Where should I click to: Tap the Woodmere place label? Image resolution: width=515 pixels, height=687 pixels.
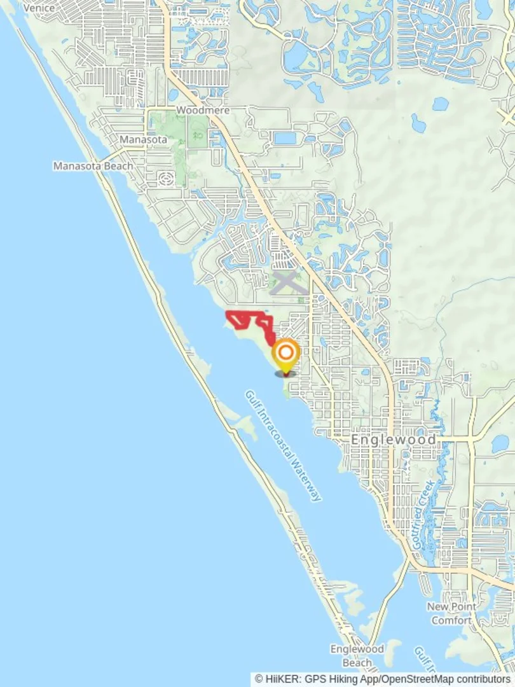[x=203, y=110]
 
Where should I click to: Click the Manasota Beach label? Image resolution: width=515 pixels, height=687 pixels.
[x=93, y=166]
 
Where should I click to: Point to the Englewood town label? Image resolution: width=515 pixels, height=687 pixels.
[x=394, y=440]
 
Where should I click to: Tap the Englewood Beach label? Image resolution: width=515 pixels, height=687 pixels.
[x=357, y=656]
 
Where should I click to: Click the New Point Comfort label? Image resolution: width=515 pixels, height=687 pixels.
[x=451, y=613]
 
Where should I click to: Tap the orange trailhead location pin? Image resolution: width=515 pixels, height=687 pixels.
[x=285, y=354]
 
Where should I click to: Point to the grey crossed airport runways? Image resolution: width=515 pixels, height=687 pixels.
[x=285, y=282]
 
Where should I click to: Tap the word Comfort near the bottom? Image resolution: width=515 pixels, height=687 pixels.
[x=451, y=620]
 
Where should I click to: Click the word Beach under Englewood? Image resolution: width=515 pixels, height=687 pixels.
[x=357, y=663]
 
